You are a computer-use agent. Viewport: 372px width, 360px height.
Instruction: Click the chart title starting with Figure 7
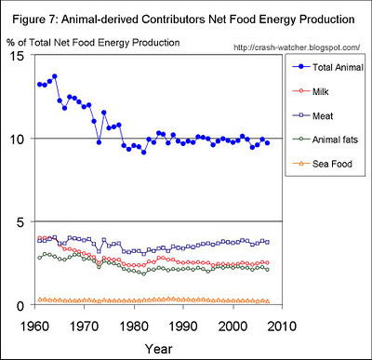click(x=183, y=20)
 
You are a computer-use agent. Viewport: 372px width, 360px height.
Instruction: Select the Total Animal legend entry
click(x=328, y=67)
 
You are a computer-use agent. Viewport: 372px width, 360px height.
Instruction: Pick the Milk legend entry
click(x=311, y=91)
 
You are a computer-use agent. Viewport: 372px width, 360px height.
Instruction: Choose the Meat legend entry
click(x=312, y=116)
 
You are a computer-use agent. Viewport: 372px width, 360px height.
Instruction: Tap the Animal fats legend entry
click(x=325, y=140)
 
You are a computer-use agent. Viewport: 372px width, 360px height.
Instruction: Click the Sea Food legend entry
click(x=323, y=164)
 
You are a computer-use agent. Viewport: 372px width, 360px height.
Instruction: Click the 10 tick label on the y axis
click(x=16, y=139)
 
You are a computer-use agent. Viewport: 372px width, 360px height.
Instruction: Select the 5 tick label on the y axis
click(x=20, y=222)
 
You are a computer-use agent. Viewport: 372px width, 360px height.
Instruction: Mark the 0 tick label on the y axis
click(x=20, y=305)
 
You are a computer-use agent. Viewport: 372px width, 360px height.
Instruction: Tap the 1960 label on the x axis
click(x=35, y=327)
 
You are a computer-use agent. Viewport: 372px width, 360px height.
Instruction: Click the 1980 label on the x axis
click(x=134, y=327)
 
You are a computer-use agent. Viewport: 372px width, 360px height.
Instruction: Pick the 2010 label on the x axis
click(x=282, y=327)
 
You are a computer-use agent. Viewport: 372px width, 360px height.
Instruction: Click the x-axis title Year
click(x=158, y=349)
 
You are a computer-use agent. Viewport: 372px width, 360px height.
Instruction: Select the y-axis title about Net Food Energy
click(x=93, y=43)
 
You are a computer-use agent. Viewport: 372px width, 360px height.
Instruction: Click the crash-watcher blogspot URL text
click(x=297, y=47)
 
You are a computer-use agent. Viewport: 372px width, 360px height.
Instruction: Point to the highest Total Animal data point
click(x=55, y=76)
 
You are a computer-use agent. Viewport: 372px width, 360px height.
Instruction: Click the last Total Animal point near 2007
click(x=267, y=143)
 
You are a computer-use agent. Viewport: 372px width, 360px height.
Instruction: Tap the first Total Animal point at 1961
click(x=39, y=84)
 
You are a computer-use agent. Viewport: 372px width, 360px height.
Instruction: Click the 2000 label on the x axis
click(x=233, y=327)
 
